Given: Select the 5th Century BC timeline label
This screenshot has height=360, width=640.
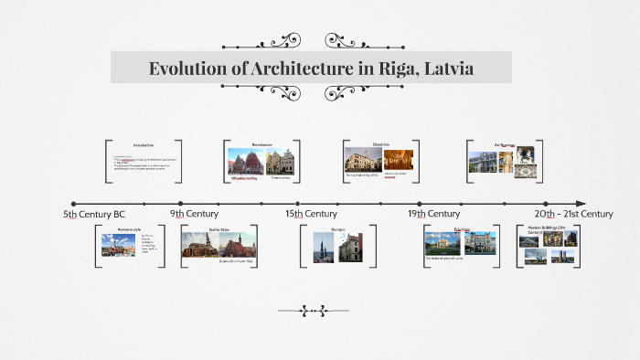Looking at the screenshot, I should (x=94, y=214).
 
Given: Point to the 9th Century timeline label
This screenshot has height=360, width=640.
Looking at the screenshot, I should (x=194, y=214).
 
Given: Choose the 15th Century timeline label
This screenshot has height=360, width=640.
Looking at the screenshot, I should (x=311, y=214).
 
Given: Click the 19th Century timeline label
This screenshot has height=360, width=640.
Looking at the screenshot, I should (x=433, y=214).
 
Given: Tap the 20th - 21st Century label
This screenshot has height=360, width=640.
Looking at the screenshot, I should (x=573, y=214).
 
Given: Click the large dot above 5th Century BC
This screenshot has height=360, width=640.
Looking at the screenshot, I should (x=73, y=203).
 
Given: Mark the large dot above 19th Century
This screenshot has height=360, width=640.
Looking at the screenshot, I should (x=420, y=203).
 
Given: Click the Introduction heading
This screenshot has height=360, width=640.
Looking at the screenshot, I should (x=144, y=145).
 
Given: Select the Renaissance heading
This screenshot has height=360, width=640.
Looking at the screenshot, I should (x=262, y=144).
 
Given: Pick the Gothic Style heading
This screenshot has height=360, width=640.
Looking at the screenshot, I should (x=219, y=229).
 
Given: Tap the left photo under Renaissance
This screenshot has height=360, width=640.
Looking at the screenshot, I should (x=245, y=162).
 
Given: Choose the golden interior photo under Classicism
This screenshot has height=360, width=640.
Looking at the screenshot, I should (x=399, y=161).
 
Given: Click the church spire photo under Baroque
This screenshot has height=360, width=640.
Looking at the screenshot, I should (x=324, y=247).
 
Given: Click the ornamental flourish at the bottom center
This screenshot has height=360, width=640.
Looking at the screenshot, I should (x=315, y=311).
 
